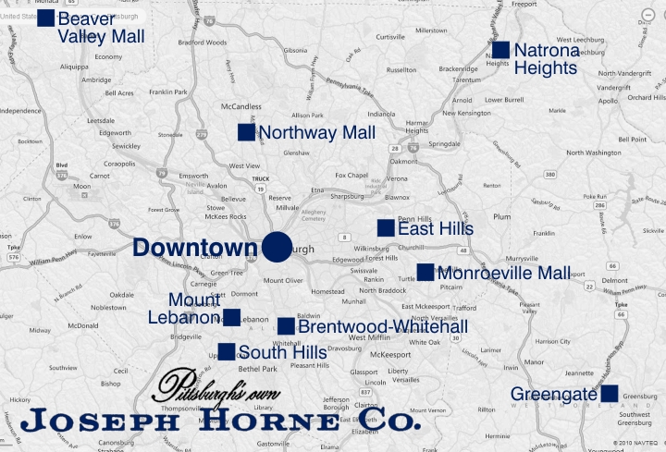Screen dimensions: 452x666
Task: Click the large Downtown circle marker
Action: (x=277, y=248)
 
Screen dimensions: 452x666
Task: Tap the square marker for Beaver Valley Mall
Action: (x=45, y=18)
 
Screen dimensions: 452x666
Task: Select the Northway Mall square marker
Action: (x=246, y=132)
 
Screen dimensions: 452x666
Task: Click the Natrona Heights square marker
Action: (x=500, y=50)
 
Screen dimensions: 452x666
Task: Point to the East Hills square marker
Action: (x=386, y=227)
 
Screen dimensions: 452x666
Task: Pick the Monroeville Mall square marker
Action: (x=425, y=272)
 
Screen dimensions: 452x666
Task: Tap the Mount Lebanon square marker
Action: (x=231, y=317)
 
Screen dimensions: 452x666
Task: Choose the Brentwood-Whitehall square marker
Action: (x=286, y=325)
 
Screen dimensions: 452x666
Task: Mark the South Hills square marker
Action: (x=226, y=351)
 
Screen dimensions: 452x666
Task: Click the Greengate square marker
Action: (x=609, y=394)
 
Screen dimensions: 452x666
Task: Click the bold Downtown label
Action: (x=194, y=248)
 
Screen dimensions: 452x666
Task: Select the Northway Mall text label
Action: (x=317, y=133)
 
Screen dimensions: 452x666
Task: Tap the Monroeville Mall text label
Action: (x=504, y=273)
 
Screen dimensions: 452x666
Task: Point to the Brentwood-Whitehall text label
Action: (x=382, y=326)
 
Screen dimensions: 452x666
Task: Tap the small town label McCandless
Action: (x=240, y=106)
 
